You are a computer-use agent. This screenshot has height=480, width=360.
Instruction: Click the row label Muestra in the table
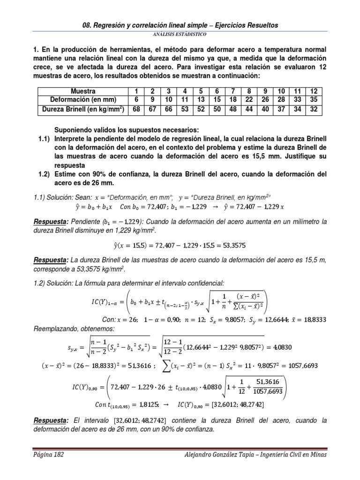83,91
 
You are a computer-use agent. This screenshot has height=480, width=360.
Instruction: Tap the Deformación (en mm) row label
83,100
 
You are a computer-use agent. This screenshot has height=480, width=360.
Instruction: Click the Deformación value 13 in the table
201,100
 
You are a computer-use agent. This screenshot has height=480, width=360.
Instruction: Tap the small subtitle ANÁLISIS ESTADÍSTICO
180,35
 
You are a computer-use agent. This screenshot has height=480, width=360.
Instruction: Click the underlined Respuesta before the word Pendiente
50,221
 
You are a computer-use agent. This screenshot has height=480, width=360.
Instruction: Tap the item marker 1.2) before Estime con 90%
45,173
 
